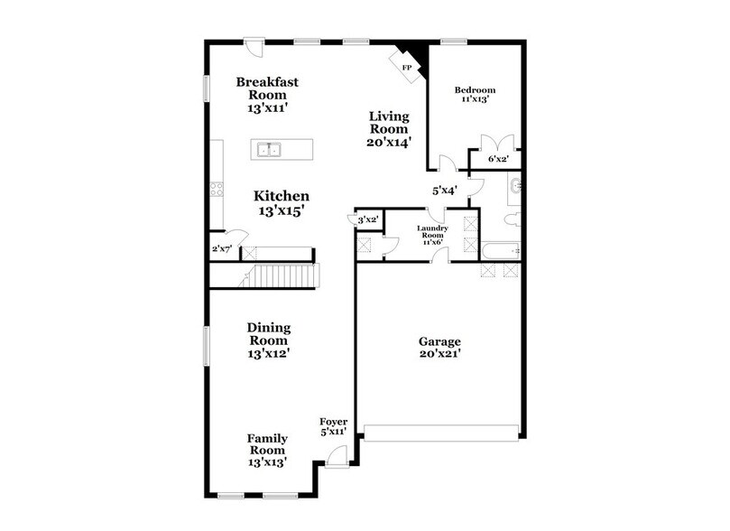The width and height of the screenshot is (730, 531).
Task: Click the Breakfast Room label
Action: [x=267, y=95]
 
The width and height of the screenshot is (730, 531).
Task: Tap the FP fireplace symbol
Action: [x=405, y=67]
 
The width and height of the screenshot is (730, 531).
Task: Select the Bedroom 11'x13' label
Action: [x=475, y=95]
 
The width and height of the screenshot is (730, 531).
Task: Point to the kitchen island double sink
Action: [x=269, y=149]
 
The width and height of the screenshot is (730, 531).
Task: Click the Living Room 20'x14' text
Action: [x=390, y=129]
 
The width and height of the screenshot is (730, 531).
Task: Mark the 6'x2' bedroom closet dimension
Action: [x=498, y=159]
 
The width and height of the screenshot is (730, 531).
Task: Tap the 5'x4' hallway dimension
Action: [x=444, y=191]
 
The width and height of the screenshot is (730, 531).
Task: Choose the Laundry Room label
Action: [x=432, y=234]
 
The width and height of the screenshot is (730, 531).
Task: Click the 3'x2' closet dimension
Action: [x=367, y=219]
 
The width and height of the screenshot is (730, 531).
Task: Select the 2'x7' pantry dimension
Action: [x=221, y=248]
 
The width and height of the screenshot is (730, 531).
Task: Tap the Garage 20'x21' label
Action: [x=439, y=348]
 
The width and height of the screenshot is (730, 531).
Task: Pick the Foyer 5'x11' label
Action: [x=335, y=427]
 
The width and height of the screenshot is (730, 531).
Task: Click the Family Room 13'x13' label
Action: [x=267, y=450]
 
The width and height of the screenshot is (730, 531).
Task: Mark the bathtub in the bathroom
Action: [x=500, y=250]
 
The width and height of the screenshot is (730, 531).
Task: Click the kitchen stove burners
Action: [x=217, y=189]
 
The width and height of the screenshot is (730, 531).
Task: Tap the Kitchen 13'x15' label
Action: [x=281, y=203]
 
